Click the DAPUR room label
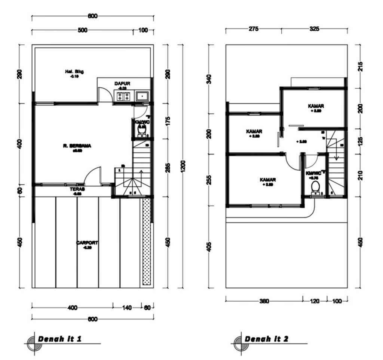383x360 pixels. click(122, 83)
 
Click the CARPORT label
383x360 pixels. click(87, 243)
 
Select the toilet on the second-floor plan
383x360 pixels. click(316, 187)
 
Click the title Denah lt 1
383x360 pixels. click(59, 339)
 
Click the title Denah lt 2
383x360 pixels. click(266, 339)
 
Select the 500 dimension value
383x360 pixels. click(82, 30)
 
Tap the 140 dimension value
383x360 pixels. click(127, 308)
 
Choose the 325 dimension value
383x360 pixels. click(315, 29)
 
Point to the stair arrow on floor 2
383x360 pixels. click(336, 152)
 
